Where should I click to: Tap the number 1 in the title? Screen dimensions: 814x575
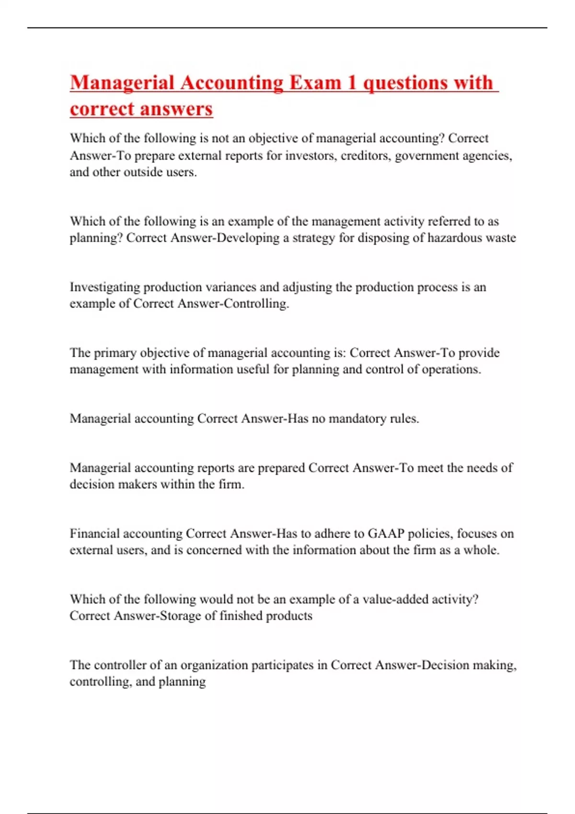coord(352,83)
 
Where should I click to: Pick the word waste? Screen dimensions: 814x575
coord(501,238)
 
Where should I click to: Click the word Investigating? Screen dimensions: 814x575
coord(105,287)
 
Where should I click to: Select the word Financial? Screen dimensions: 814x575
coord(94,533)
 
